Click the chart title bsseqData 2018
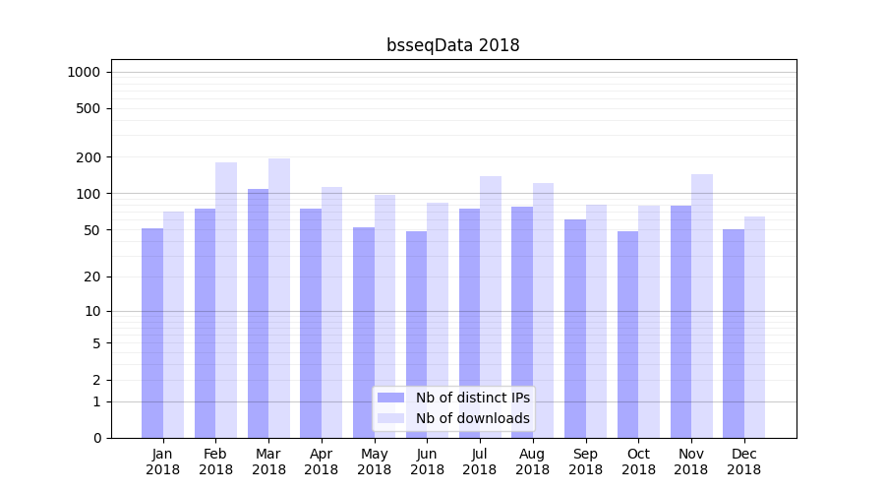tap(452, 45)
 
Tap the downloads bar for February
tap(226, 300)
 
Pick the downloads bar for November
tap(702, 306)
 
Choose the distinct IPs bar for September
tap(575, 329)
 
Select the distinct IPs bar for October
tap(627, 335)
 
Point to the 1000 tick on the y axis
tap(84, 72)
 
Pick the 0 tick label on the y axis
tap(96, 438)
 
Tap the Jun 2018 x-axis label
tap(427, 461)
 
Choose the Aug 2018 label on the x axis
tap(532, 461)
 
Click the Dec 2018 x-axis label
tap(743, 461)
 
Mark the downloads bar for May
tap(384, 316)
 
